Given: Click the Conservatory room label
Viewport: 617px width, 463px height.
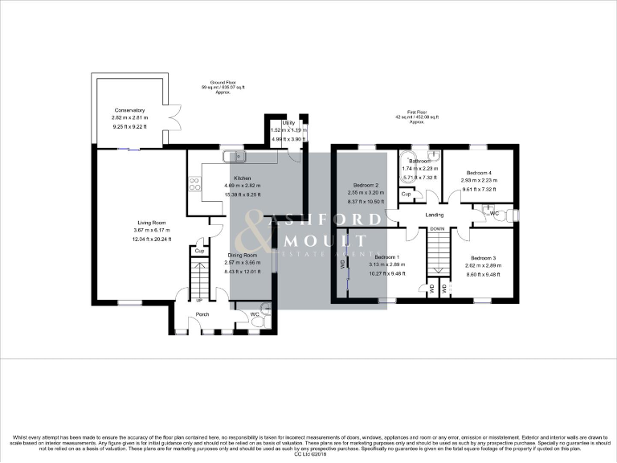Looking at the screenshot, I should coord(129,110).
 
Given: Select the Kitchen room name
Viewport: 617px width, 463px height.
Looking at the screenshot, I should coord(242,178).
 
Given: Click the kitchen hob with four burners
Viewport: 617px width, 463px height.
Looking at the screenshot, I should coord(194,185).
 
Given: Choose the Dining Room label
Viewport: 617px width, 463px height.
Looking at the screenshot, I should coord(242,255).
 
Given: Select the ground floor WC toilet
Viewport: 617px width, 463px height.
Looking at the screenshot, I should coord(257,321).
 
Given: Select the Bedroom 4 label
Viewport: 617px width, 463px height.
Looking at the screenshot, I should coord(479,172).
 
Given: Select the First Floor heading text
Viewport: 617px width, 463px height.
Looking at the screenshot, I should coord(416,113).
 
